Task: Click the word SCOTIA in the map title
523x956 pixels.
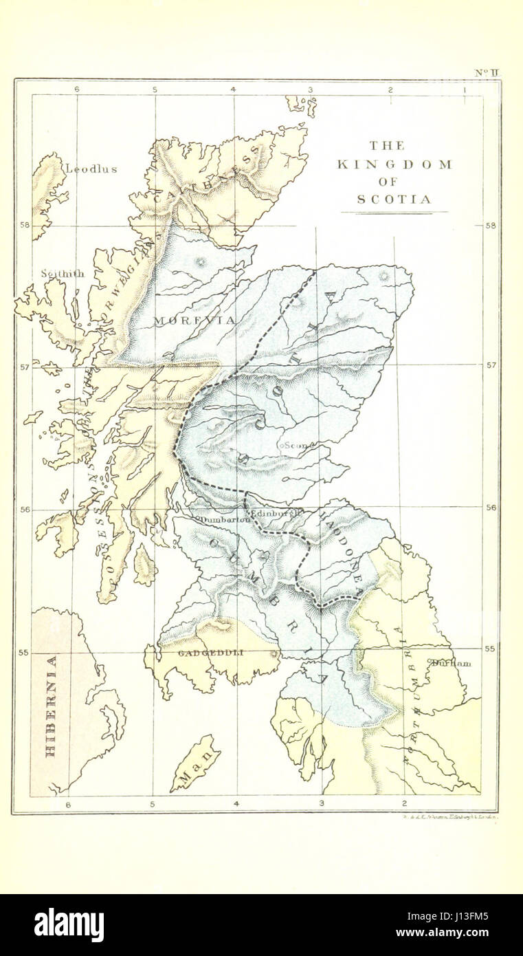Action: (x=394, y=199)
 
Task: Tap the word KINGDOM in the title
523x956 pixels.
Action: (x=394, y=164)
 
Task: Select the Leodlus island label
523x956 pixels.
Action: (x=91, y=169)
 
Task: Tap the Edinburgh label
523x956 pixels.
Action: (x=276, y=514)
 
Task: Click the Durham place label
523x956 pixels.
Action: (x=452, y=664)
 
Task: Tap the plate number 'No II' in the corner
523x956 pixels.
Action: (x=486, y=72)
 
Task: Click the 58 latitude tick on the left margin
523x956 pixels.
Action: (x=24, y=225)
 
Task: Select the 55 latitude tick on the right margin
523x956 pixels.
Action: (x=491, y=648)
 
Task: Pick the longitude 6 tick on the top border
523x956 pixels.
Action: (x=77, y=89)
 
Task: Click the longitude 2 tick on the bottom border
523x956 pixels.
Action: (x=403, y=803)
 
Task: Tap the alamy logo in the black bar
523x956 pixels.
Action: (x=69, y=924)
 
